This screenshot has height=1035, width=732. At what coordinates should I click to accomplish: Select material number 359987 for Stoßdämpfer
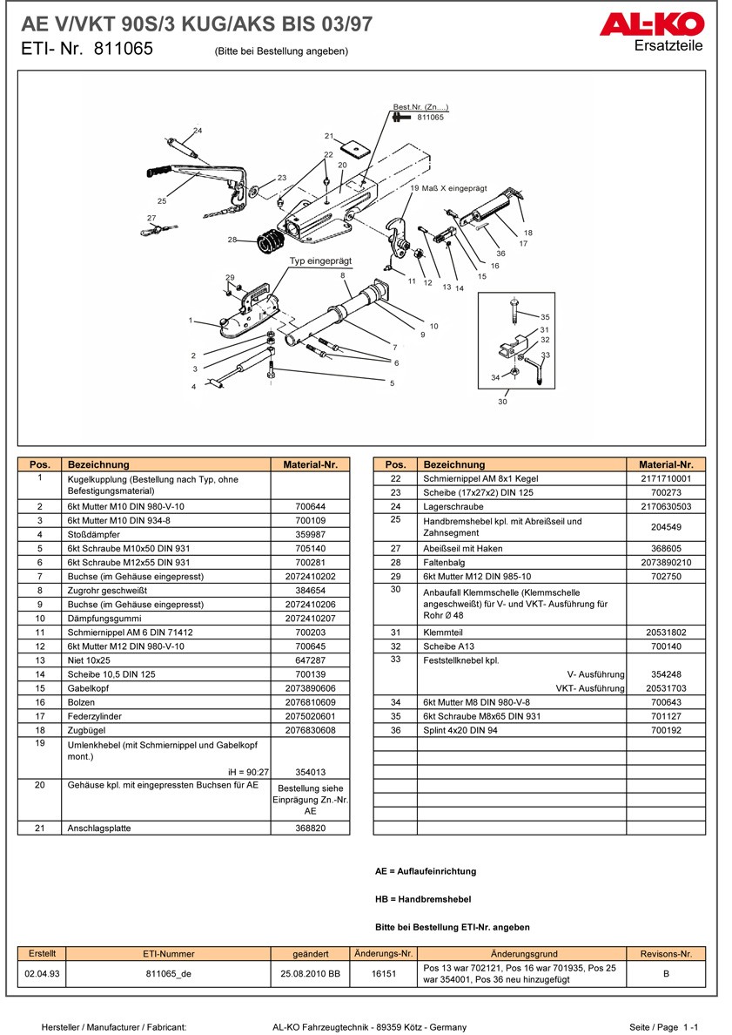coord(310,534)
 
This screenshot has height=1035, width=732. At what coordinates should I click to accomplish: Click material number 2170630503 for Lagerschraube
coord(665,506)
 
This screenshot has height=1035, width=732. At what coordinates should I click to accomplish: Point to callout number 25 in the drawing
coord(162,201)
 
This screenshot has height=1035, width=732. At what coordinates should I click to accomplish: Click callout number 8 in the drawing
coord(343,275)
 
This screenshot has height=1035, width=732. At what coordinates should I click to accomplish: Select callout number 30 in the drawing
coord(502,402)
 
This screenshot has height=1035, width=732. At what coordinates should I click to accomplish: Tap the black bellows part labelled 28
coord(275,240)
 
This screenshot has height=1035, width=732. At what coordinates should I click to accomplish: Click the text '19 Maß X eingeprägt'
coord(448,188)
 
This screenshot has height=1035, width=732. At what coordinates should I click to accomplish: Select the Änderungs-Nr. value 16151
coord(384,973)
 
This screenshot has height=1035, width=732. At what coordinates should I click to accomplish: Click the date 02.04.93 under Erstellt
coord(42,973)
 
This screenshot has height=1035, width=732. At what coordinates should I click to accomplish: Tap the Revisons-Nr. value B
coord(666,973)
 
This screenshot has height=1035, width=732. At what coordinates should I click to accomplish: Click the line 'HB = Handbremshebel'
coord(422,898)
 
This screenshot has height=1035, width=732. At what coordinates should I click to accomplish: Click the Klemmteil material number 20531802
coord(665,632)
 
